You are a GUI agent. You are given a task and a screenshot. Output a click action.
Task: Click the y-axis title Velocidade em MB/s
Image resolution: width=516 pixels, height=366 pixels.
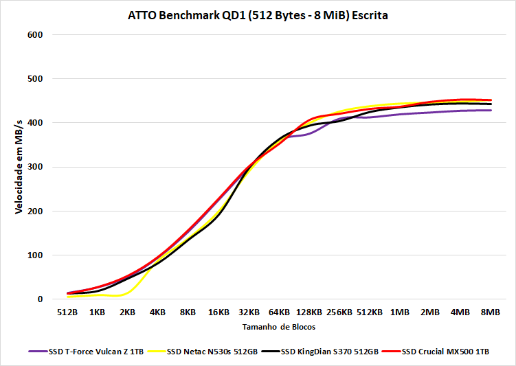(x=19, y=165)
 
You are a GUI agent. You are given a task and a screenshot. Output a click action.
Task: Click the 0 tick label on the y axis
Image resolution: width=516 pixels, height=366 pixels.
(x=41, y=299)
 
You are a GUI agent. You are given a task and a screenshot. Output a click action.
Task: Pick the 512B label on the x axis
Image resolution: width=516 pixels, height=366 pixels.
(x=67, y=312)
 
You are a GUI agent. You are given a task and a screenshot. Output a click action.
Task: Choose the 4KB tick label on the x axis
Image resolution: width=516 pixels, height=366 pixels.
(x=158, y=312)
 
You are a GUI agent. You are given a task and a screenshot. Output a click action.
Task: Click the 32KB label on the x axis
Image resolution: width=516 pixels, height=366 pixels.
(x=248, y=312)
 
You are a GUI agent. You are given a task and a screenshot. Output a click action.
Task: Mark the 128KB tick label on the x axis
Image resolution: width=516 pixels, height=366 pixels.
(x=309, y=312)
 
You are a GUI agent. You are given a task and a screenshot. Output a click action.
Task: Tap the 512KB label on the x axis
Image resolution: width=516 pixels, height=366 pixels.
(x=369, y=312)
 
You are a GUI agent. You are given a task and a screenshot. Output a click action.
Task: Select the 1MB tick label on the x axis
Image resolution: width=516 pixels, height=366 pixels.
(x=400, y=312)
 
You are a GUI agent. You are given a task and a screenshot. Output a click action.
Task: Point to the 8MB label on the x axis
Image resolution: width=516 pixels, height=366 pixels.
(x=490, y=312)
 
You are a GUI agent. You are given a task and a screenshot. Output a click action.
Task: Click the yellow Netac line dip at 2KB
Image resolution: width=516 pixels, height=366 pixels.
(x=124, y=295)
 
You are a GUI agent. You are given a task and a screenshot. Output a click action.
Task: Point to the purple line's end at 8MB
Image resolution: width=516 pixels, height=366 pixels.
(x=490, y=110)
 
